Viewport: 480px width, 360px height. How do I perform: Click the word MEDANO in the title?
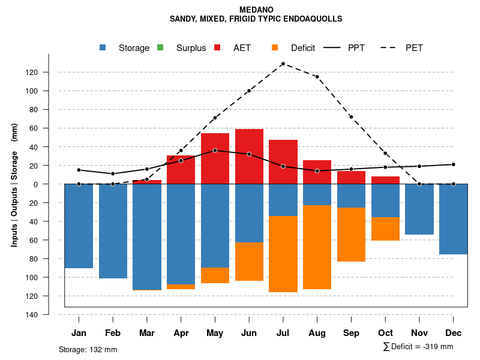click(x=256, y=10)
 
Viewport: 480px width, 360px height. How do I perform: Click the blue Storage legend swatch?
click(x=103, y=48)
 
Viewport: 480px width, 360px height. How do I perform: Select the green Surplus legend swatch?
click(x=160, y=48)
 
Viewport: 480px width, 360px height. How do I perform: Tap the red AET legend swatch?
click(x=217, y=48)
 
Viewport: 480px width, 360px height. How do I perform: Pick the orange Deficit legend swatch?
click(x=275, y=48)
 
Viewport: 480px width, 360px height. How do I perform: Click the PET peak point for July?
click(x=283, y=64)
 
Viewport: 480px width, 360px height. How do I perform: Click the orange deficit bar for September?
click(x=351, y=235)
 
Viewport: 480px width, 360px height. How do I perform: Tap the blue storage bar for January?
click(x=79, y=226)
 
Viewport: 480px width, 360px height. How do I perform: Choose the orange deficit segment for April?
click(x=181, y=287)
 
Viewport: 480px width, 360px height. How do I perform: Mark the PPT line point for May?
click(x=215, y=151)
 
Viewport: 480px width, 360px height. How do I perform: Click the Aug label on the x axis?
click(x=317, y=333)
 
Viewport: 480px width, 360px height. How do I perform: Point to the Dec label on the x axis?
click(x=454, y=333)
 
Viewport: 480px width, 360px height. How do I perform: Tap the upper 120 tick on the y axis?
click(x=49, y=73)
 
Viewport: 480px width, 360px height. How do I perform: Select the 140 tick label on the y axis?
click(x=49, y=315)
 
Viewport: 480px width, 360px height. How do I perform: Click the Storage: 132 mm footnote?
click(x=88, y=349)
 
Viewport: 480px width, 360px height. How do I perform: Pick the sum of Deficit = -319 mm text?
click(x=418, y=347)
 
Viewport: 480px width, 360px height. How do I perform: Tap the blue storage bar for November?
click(x=419, y=209)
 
